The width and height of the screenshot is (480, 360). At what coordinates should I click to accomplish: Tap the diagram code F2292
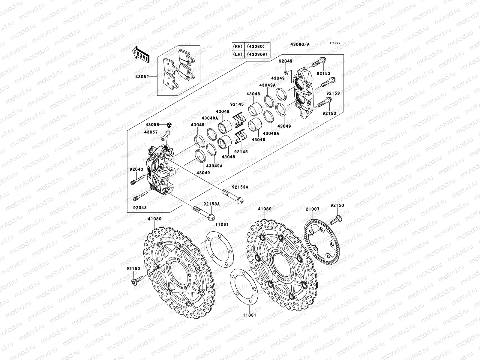pos(336,43)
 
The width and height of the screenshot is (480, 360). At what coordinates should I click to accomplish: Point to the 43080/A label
pos(300,44)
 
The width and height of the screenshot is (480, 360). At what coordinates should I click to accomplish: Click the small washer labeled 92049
pos(286,73)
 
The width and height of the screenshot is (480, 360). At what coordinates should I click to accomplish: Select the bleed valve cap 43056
pos(170,124)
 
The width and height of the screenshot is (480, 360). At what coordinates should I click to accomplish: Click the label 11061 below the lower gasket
pos(250,316)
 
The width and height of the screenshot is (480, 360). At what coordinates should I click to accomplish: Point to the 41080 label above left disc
pos(154,219)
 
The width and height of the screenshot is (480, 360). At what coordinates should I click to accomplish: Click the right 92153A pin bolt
pos(232,196)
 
